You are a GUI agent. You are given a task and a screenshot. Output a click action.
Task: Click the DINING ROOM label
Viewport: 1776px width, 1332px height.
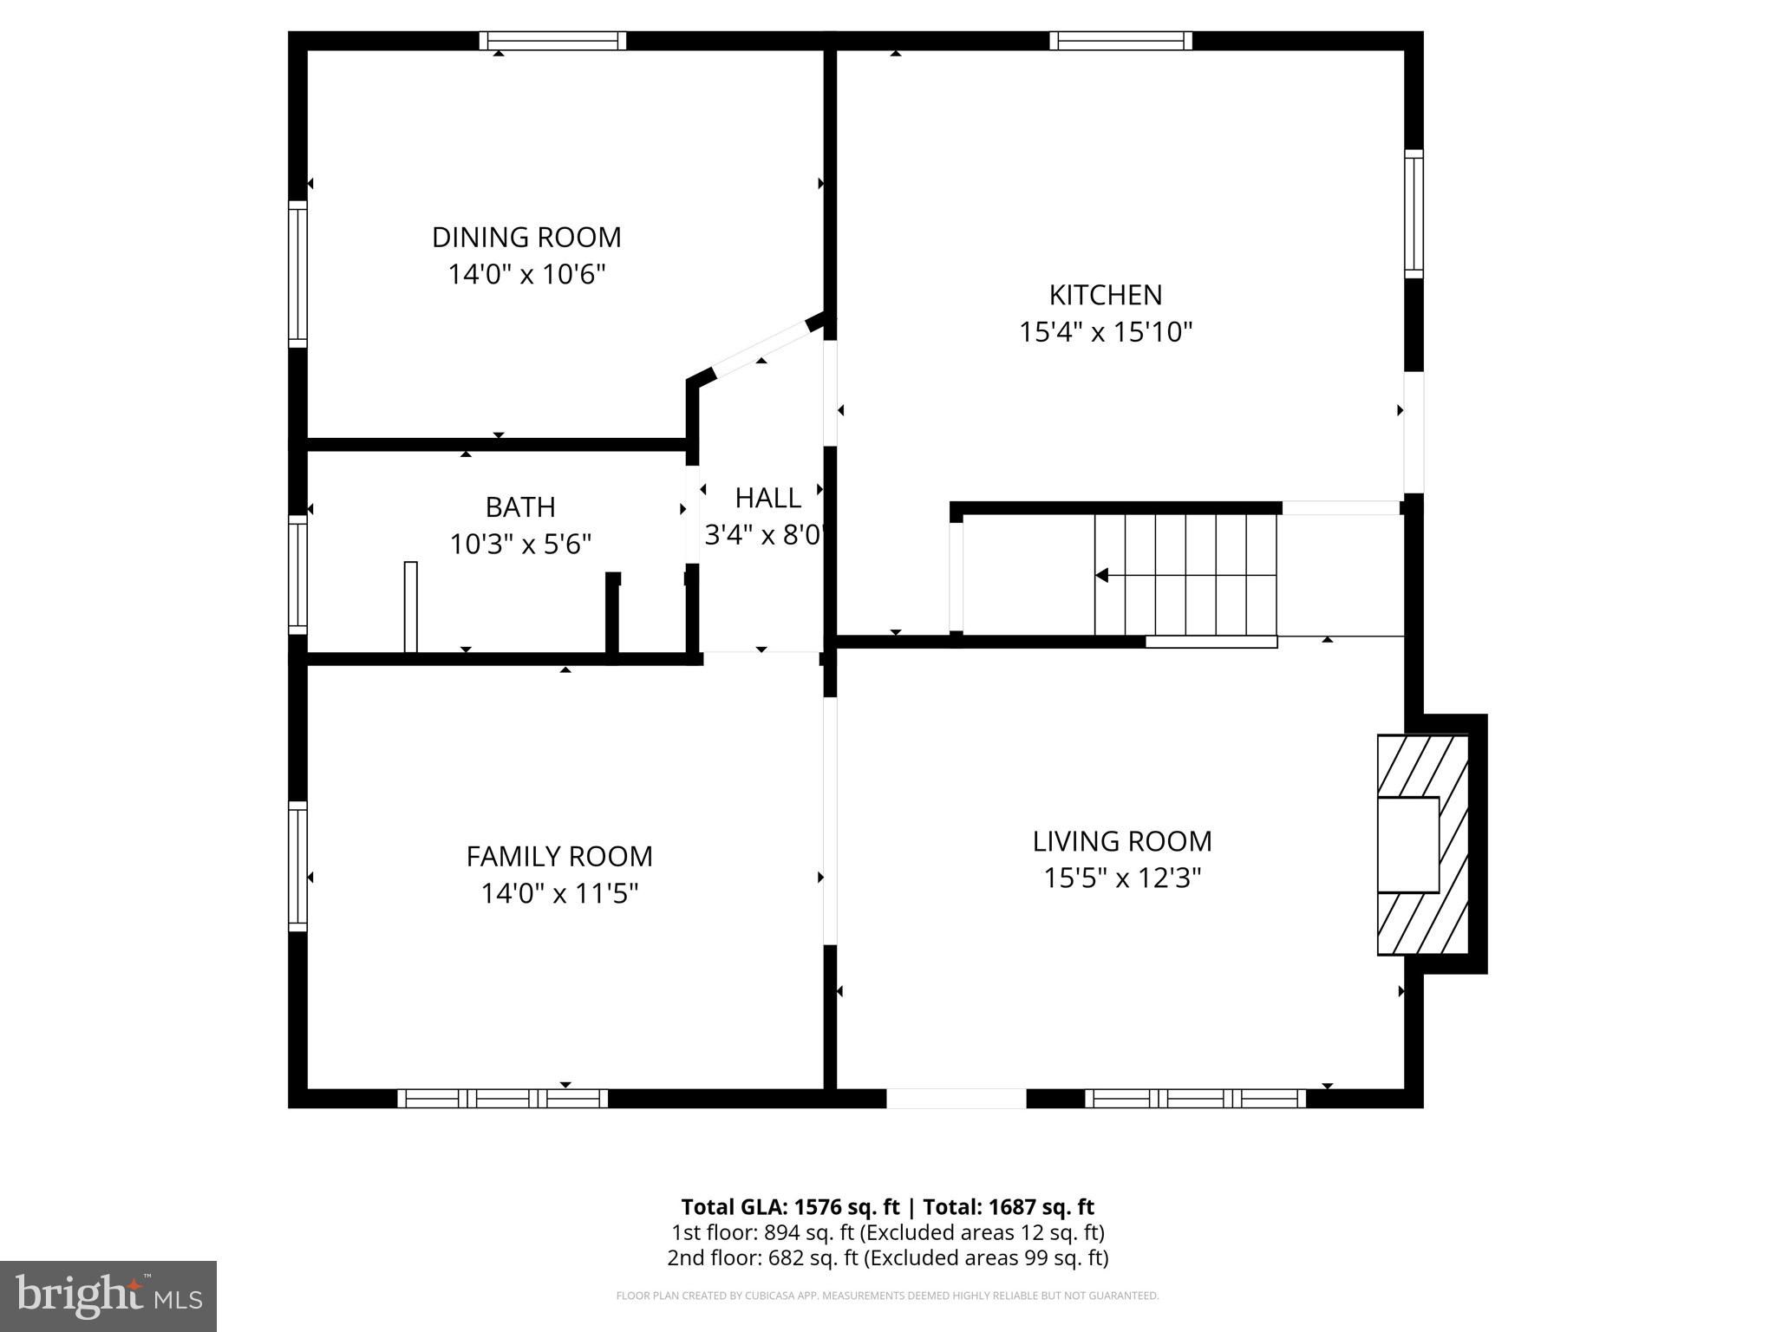[x=526, y=237]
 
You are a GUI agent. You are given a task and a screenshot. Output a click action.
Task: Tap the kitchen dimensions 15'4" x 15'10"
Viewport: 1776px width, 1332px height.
[x=1106, y=332]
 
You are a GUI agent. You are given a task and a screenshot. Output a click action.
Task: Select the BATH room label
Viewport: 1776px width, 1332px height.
[x=520, y=506]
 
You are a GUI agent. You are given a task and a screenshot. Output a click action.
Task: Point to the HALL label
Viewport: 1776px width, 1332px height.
[x=767, y=498]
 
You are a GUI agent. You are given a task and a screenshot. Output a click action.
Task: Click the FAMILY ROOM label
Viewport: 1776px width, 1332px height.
[x=559, y=856]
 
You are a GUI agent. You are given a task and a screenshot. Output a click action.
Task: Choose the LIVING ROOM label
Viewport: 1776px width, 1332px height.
[x=1122, y=840]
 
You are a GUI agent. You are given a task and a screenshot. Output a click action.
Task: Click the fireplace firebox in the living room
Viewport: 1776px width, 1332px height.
[x=1408, y=845]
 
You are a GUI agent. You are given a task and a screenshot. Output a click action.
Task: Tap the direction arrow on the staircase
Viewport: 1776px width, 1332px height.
[x=1103, y=575]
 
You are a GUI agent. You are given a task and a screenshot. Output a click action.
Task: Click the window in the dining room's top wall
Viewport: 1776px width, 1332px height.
[x=553, y=41]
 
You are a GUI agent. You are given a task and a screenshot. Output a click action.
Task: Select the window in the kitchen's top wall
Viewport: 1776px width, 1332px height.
[x=1120, y=41]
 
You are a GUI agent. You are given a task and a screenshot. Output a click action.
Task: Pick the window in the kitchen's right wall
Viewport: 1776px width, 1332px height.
[x=1414, y=213]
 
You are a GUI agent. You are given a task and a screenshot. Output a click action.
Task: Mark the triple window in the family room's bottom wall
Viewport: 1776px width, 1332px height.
[x=503, y=1099]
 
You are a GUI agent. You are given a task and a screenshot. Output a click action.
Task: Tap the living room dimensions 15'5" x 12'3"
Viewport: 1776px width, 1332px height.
[x=1122, y=878]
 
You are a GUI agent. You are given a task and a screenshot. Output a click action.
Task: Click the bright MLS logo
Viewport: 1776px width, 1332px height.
[x=108, y=1296]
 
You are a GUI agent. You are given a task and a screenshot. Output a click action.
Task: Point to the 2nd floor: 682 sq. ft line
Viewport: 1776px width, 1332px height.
[x=887, y=1257]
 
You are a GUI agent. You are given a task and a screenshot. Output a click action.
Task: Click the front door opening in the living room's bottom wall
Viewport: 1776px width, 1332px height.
[x=956, y=1099]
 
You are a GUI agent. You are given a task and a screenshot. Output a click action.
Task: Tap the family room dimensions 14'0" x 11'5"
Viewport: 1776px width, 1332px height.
[x=559, y=893]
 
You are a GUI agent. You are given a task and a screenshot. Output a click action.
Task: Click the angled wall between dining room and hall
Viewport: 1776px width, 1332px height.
[x=761, y=350]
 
